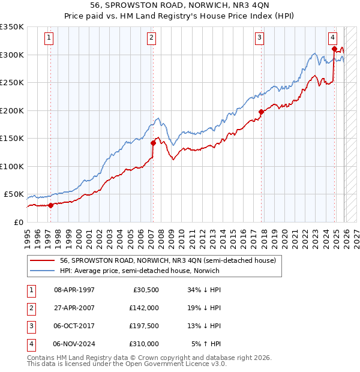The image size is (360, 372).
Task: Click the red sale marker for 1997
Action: click(x=51, y=205)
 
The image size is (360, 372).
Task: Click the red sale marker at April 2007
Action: click(x=153, y=143)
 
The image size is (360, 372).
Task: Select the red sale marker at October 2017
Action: click(x=261, y=112)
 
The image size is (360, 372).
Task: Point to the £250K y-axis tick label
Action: click(x=12, y=83)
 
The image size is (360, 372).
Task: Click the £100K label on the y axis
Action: click(x=12, y=166)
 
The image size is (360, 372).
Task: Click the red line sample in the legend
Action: click(x=43, y=261)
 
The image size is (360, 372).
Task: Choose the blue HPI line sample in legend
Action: click(x=43, y=271)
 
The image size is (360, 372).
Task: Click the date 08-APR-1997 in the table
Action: click(x=74, y=290)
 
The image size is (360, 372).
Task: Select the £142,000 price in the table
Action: click(x=144, y=308)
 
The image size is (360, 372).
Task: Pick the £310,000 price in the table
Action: click(x=144, y=344)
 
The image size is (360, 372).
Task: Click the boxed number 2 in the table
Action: click(x=30, y=308)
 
